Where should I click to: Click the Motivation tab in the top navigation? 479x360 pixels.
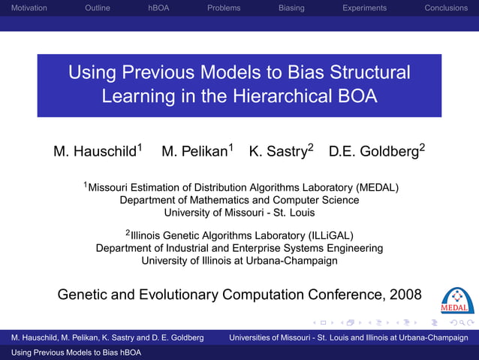click(24, 8)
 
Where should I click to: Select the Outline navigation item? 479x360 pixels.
click(98, 8)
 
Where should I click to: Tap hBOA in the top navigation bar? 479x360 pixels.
click(158, 8)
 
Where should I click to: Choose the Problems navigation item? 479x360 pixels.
click(224, 8)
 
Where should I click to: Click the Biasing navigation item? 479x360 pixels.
click(291, 8)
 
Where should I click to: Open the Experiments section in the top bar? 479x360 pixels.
click(364, 8)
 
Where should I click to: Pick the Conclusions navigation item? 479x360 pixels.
click(446, 8)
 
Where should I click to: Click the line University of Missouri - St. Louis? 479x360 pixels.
click(239, 213)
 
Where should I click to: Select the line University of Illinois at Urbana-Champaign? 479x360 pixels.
click(239, 261)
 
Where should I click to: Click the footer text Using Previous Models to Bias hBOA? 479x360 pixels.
click(71, 352)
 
